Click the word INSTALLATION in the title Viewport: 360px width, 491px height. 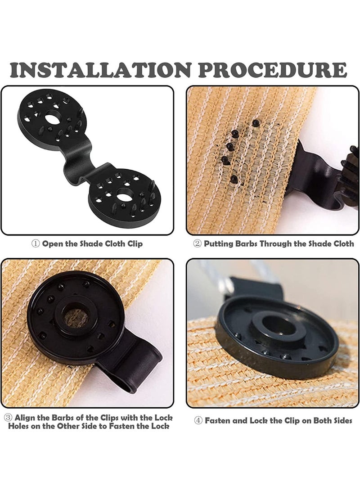100,70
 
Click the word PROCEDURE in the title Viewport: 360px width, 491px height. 273,70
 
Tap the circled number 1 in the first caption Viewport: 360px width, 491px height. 36,243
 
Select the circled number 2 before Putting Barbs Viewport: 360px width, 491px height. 197,243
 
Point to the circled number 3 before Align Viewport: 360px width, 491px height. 8,418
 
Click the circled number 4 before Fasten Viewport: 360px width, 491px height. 198,420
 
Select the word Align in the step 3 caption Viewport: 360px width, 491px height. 24,418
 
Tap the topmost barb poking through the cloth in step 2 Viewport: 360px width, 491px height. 256,123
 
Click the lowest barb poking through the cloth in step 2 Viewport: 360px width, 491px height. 234,179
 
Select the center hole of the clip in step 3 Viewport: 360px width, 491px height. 75,316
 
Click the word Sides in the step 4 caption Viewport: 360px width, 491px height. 341,420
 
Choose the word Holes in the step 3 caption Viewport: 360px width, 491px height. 19,426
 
